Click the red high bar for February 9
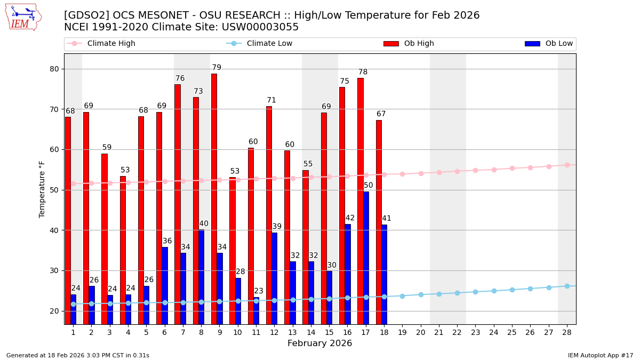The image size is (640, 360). click(214, 198)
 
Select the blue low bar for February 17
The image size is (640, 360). click(366, 258)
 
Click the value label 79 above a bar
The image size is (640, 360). click(217, 68)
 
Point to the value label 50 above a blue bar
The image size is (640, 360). click(369, 186)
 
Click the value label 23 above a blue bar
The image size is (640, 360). click(259, 291)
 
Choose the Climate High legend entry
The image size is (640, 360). click(101, 44)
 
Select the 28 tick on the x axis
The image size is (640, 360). click(567, 332)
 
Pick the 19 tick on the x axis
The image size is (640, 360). click(402, 332)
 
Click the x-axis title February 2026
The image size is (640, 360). click(320, 343)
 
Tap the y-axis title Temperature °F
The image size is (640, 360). click(42, 189)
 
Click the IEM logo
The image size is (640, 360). click(23, 17)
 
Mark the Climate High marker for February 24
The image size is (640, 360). click(494, 170)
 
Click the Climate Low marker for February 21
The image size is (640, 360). click(439, 294)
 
